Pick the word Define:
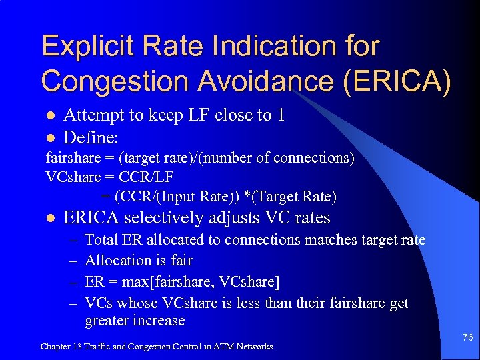pos(91,138)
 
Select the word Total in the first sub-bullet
pos(101,240)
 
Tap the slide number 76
pos(467,338)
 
